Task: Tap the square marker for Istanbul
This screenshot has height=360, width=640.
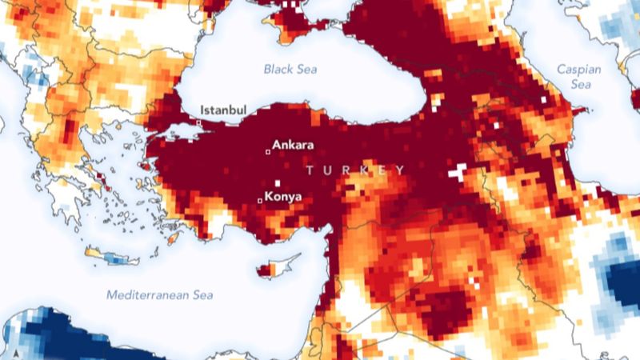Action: click(199, 122)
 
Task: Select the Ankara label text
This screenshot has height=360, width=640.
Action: click(293, 146)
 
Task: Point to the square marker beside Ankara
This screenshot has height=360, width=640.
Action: click(268, 150)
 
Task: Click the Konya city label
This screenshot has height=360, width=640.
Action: click(282, 194)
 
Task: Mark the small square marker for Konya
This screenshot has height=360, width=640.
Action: click(259, 200)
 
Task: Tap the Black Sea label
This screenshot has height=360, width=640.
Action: click(290, 70)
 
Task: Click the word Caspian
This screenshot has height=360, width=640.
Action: click(578, 70)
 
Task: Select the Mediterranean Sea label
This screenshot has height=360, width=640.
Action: click(160, 295)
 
